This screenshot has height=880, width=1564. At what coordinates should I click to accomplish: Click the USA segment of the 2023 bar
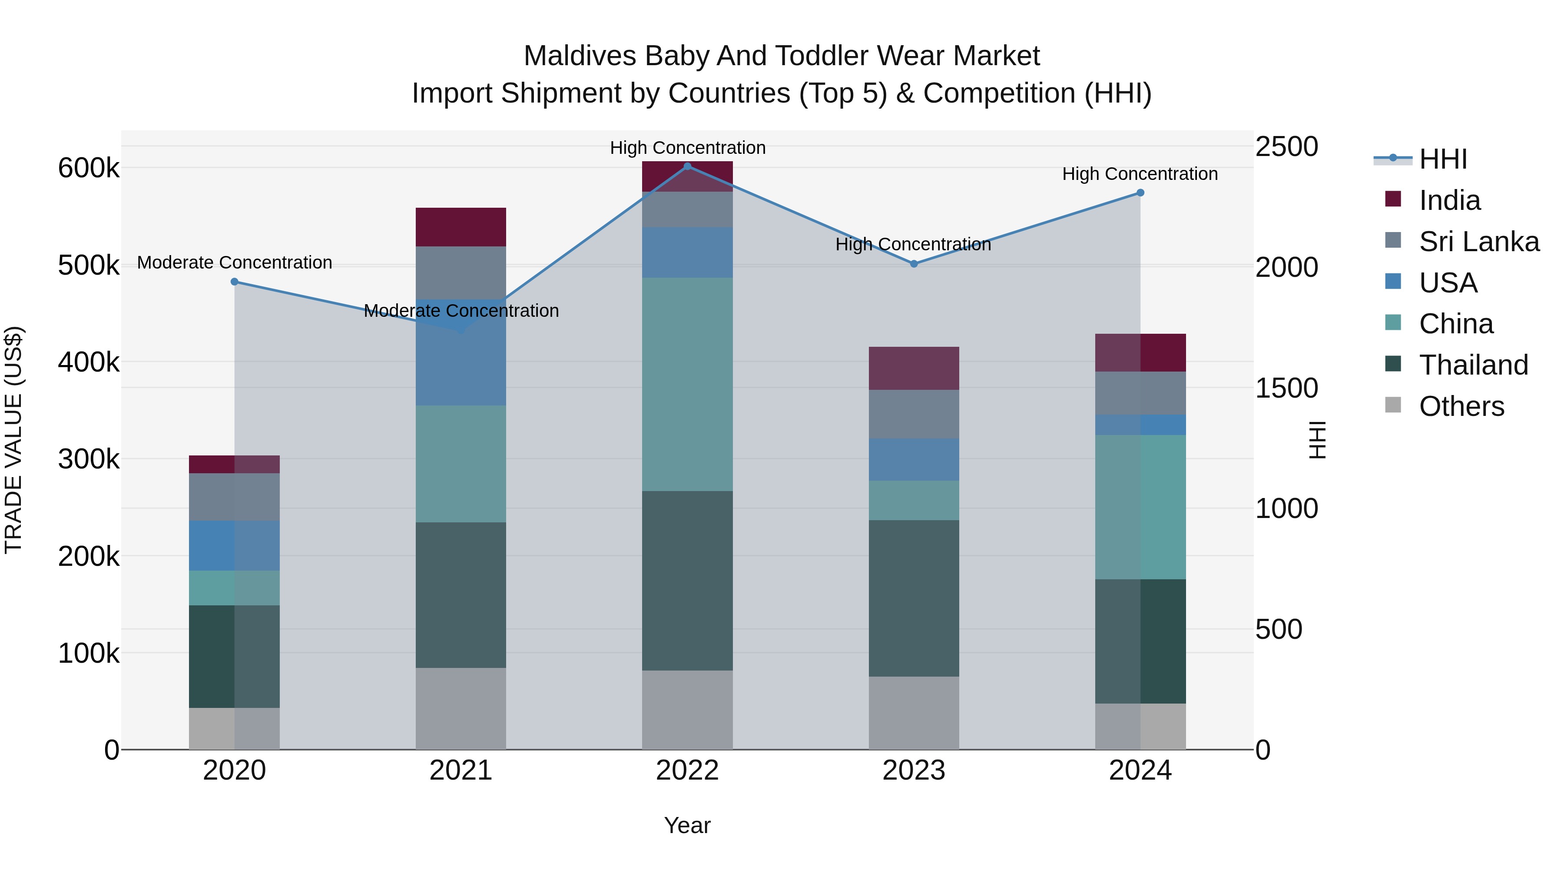coord(913,459)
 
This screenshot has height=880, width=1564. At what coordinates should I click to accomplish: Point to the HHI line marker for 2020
coord(234,282)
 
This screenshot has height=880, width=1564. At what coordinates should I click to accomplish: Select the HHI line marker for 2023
coord(913,264)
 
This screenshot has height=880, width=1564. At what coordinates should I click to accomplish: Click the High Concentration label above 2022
coord(687,148)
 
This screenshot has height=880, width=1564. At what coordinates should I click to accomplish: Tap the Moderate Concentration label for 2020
coord(234,262)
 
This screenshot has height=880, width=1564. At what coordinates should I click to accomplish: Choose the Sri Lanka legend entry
coord(1478,242)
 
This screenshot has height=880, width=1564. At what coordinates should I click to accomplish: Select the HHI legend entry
coord(1442,159)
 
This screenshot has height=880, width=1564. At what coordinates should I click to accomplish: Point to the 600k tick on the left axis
coord(89,168)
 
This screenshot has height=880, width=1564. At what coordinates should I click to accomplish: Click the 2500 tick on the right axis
coord(1286,147)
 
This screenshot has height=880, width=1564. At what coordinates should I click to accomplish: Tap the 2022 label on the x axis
coord(687,770)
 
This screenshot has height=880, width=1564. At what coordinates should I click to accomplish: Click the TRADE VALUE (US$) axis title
coord(13,440)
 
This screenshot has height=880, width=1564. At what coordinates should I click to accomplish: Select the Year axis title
coord(687,825)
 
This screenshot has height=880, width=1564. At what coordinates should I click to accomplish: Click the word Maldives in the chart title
coord(582,56)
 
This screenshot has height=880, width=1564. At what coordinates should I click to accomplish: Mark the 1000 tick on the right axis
coord(1286,508)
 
